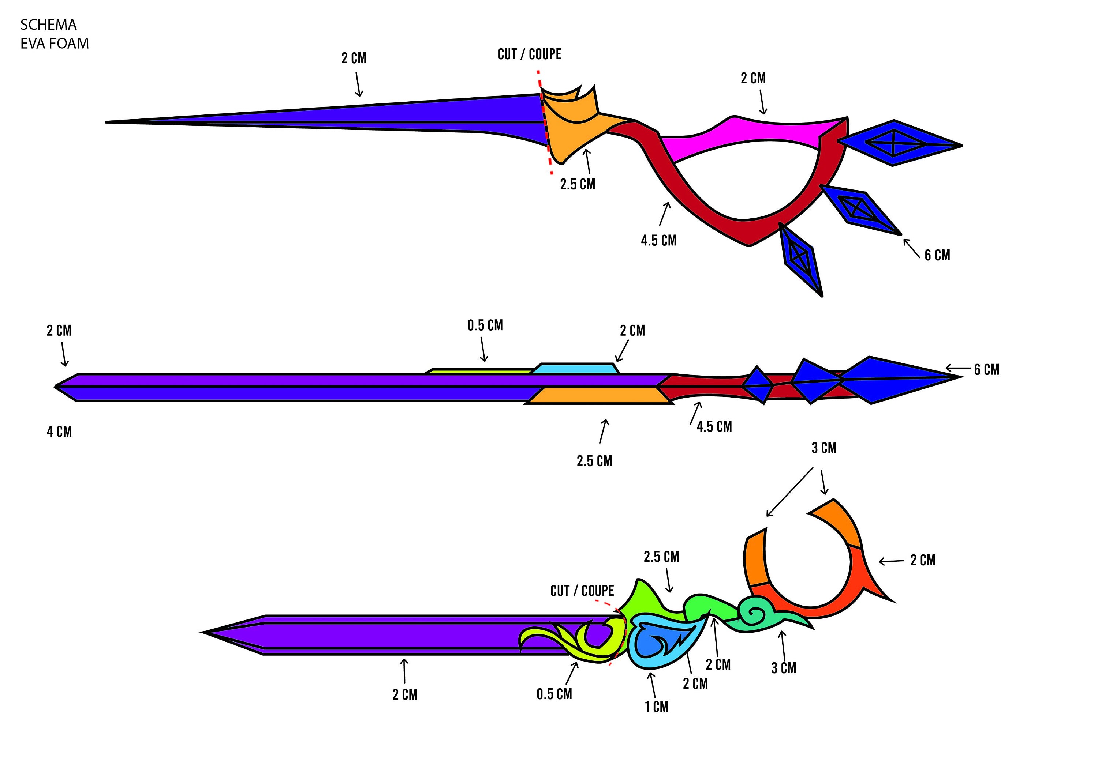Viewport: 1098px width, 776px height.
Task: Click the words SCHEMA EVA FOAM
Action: [55, 34]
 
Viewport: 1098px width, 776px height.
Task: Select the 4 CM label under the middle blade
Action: [59, 432]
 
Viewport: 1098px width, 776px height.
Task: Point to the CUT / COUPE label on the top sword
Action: [529, 54]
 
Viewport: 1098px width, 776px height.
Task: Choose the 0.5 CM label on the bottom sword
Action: [554, 694]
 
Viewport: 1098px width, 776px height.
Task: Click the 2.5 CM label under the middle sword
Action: [594, 461]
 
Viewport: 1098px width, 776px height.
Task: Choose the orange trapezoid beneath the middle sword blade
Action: [599, 396]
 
